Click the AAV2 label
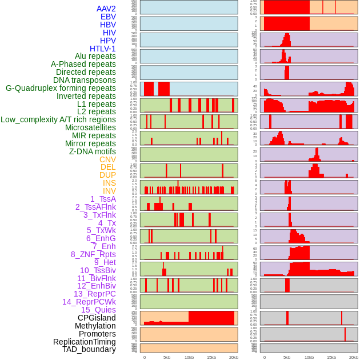click(106, 9)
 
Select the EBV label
click(108, 17)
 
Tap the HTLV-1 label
click(102, 49)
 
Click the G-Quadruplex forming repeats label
click(61, 88)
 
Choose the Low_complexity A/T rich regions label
click(58, 119)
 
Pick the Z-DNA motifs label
click(93, 151)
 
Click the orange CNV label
click(107, 159)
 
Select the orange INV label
click(109, 191)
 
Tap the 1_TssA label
click(103, 199)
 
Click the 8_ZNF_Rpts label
click(93, 254)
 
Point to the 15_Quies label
click(98, 310)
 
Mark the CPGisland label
click(97, 318)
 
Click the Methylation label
click(95, 326)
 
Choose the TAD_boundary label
click(89, 349)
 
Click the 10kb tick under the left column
click(189, 357)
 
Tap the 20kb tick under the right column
click(354, 357)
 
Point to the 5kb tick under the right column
click(287, 357)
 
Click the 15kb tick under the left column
click(211, 357)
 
